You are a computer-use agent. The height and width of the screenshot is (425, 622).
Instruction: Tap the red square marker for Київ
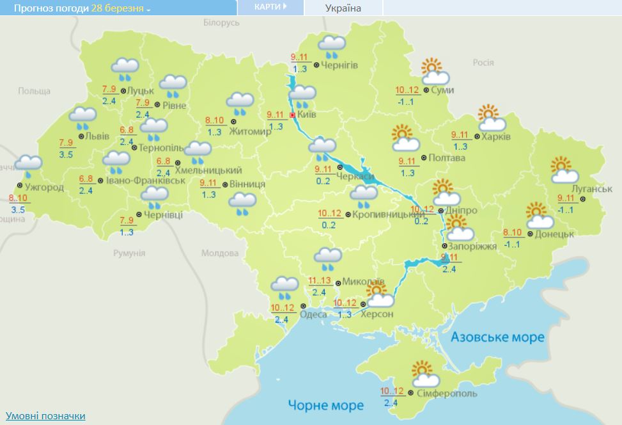click(x=293, y=115)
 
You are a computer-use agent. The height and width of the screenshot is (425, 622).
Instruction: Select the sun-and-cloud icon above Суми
click(x=435, y=72)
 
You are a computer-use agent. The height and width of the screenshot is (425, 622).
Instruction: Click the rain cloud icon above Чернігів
click(x=332, y=47)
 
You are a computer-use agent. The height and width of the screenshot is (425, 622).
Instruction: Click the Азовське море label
click(x=497, y=337)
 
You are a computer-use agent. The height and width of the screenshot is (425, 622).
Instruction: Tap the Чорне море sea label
click(x=325, y=405)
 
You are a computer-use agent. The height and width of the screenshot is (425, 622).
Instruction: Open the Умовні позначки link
click(x=45, y=416)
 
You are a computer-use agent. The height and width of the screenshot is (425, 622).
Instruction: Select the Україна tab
click(x=343, y=8)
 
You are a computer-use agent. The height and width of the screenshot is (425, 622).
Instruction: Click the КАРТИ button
click(x=270, y=7)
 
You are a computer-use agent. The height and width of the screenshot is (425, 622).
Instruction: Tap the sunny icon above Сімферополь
click(x=422, y=374)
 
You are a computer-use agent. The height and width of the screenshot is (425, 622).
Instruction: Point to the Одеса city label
click(x=313, y=314)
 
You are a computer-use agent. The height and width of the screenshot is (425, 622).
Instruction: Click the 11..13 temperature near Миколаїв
click(x=319, y=280)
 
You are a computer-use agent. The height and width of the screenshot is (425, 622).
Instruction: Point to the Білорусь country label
click(x=221, y=22)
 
